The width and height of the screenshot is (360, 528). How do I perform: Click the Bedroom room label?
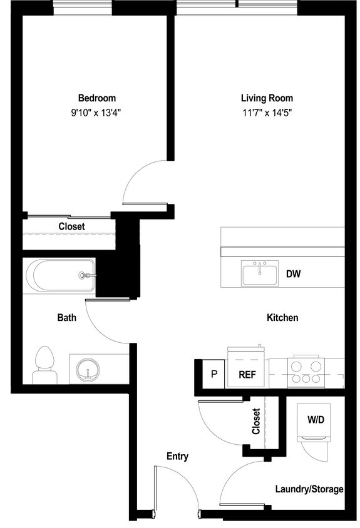tap(96, 98)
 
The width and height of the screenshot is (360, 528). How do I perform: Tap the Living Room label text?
tap(267, 98)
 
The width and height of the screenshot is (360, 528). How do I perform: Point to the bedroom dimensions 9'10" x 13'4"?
tap(96, 113)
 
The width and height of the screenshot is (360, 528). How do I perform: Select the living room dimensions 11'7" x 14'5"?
tap(267, 113)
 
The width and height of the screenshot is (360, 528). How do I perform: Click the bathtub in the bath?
tap(60, 275)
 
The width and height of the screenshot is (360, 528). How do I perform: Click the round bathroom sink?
tap(89, 370)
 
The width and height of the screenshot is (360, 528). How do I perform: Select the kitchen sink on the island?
tap(260, 274)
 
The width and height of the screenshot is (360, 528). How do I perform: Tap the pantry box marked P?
tap(213, 375)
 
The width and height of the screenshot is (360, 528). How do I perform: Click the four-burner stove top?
tap(306, 372)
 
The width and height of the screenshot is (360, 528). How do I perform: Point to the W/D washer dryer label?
tap(316, 419)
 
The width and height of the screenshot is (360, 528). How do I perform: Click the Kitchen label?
tap(282, 318)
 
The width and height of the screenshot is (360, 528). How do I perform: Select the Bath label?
tap(67, 318)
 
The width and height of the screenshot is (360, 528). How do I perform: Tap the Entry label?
tap(177, 457)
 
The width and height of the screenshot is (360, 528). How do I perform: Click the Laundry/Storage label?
tap(309, 489)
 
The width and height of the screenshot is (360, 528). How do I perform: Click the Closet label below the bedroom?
tap(71, 226)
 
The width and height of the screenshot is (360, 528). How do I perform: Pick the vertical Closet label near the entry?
tap(256, 421)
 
